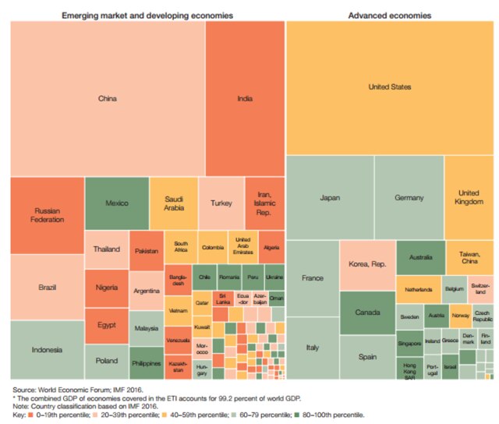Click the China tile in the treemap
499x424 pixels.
tap(108, 98)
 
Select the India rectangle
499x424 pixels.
tap(245, 98)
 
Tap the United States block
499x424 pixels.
tap(389, 87)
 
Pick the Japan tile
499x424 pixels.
tap(330, 197)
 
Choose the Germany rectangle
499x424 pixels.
tap(409, 197)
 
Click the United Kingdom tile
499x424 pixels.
tap(468, 197)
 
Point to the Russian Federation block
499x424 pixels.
tap(47, 215)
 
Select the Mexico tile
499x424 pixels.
tap(116, 203)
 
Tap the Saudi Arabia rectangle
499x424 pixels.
tap(172, 203)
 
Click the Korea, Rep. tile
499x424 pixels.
tap(366, 266)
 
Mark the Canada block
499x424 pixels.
tap(366, 313)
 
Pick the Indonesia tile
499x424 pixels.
tap(47, 349)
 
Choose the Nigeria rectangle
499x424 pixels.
tap(106, 288)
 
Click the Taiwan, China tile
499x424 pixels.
tap(469, 257)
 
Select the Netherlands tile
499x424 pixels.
tap(418, 288)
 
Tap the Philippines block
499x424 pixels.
tap(146, 362)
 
